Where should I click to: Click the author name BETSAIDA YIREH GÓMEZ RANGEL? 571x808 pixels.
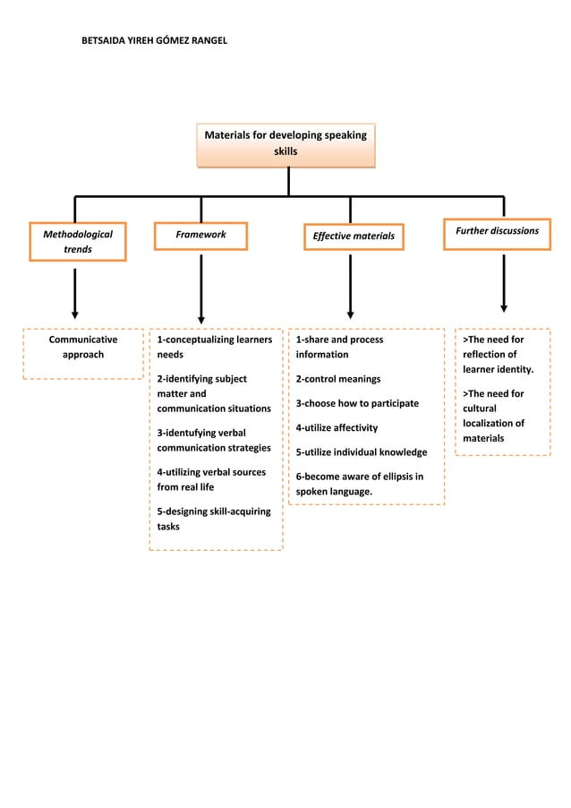(155, 41)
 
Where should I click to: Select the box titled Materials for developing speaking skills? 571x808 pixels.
(285, 145)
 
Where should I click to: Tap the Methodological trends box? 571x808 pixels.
(78, 241)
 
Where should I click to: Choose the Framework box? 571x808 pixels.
(200, 236)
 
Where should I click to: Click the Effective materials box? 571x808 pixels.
(353, 236)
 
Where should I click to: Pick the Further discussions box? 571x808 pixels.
(497, 232)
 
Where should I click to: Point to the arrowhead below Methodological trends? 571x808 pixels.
(75, 314)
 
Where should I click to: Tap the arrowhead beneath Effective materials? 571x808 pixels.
(350, 314)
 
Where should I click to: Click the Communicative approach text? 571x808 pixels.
(82, 348)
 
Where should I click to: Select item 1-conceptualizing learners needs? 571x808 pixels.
(214, 348)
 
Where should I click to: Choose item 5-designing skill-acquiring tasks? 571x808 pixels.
(213, 519)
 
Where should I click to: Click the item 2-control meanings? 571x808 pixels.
(338, 379)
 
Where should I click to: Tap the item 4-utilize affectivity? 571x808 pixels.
(337, 427)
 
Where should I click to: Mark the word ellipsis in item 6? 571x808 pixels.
(394, 476)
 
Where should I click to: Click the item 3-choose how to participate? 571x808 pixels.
(357, 403)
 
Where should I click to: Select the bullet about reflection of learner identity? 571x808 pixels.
(498, 355)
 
